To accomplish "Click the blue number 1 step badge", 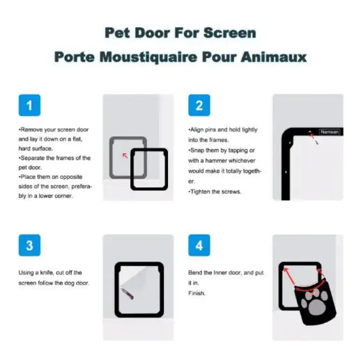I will [x=29, y=106].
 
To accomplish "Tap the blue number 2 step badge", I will [x=199, y=106].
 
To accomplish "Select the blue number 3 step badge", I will [x=29, y=245].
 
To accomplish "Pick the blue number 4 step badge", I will [x=199, y=245].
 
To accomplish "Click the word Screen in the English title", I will [x=231, y=33].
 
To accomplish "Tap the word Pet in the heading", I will [x=118, y=33].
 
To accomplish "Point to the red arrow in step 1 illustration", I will [x=125, y=155].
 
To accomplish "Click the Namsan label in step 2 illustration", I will [x=328, y=131].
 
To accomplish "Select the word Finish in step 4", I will [x=197, y=294].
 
